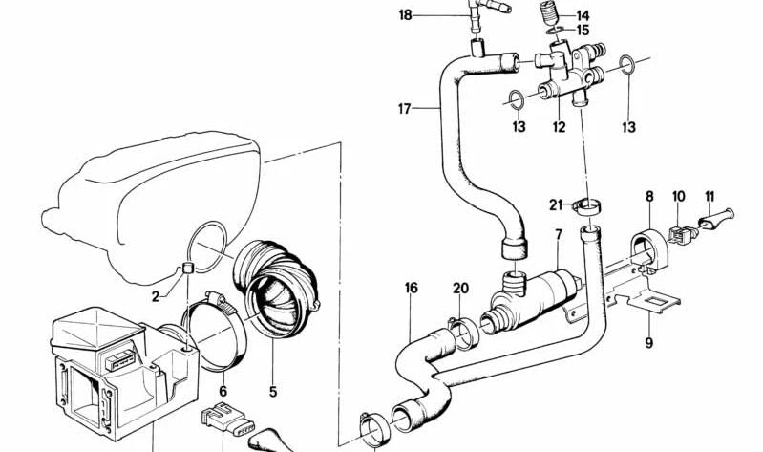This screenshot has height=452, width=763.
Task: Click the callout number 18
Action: point(406,14)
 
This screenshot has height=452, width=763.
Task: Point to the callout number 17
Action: point(405,109)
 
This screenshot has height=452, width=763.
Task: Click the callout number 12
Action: point(559,126)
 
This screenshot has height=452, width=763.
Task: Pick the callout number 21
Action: point(556,204)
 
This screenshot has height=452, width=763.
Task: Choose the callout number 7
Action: point(559,235)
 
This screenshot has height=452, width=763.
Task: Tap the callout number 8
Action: point(649,197)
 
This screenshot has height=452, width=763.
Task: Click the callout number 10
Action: point(679,197)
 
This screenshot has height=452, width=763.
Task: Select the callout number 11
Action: point(709,197)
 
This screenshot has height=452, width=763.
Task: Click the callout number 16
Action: point(412,287)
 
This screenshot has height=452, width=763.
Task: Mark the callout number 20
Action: point(461,289)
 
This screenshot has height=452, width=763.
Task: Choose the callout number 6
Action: point(223,390)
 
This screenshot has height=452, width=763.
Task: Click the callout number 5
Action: point(272,390)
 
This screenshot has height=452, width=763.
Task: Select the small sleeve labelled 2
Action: point(189,267)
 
